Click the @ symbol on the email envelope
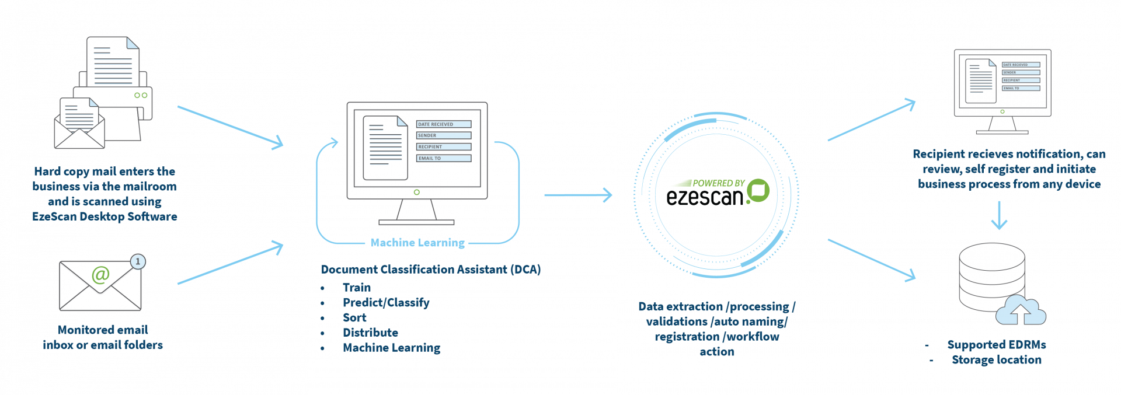pos(100,274)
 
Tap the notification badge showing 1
pos(138,261)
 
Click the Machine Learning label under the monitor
pos(417,242)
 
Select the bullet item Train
pos(357,288)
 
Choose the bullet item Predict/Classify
pos(386,303)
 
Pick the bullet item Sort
pos(354,318)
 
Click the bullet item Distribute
pos(370,333)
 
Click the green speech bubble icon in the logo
pos(758,190)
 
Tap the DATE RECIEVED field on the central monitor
pos(443,124)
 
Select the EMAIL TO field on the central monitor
pos(443,158)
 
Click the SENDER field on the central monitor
pos(443,135)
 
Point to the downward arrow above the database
pos(1000,215)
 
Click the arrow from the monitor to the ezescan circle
pos(578,195)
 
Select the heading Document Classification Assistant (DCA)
pos(431,270)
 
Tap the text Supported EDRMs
pos(996,345)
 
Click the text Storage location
pos(996,360)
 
